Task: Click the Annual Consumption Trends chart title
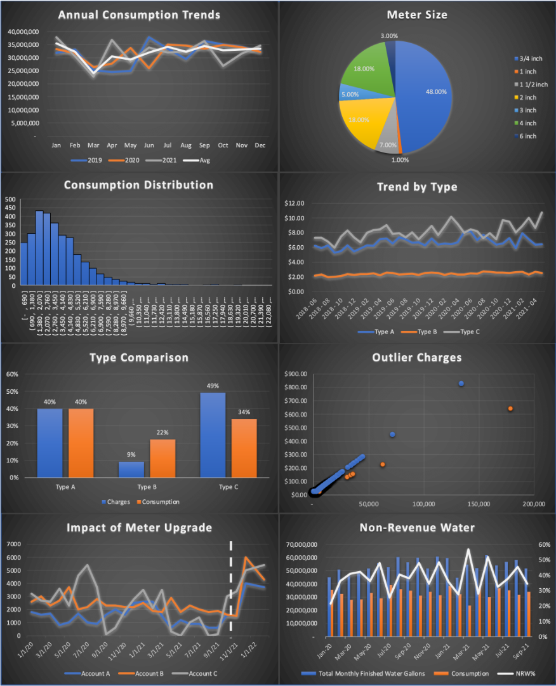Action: click(x=138, y=15)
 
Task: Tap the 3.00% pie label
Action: click(x=390, y=36)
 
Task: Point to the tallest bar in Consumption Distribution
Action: click(x=39, y=248)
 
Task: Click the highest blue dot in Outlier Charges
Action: click(x=461, y=384)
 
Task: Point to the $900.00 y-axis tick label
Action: click(x=297, y=373)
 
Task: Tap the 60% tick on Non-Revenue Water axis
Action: click(x=543, y=544)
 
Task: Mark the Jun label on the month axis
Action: click(x=149, y=145)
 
